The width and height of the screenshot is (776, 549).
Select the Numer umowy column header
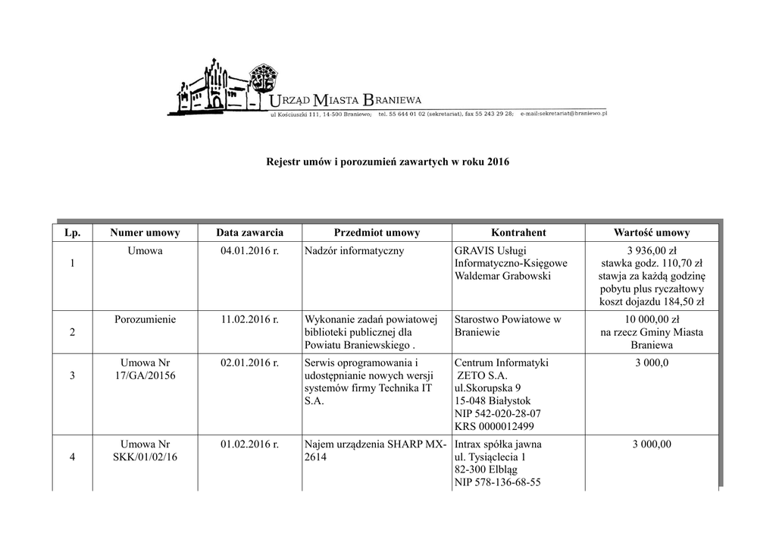[x=145, y=233]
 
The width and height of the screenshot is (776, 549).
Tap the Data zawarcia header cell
[x=250, y=233]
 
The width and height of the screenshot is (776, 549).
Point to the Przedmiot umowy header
[x=377, y=233]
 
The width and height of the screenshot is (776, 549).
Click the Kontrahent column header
[x=518, y=233]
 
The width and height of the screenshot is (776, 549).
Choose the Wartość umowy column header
[x=652, y=233]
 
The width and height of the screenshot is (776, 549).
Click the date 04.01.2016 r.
[x=250, y=251]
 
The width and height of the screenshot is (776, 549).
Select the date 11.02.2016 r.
[x=250, y=319]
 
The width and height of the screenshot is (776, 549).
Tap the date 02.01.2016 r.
[x=250, y=363]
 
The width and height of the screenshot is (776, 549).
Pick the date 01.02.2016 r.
[x=250, y=444]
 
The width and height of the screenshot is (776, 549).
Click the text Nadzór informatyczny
[x=354, y=251]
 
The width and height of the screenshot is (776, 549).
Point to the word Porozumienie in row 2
[x=145, y=319]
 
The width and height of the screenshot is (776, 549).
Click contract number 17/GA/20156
[x=145, y=376]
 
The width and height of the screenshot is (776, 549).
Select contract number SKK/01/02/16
[x=145, y=456]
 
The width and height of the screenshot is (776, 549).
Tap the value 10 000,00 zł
[x=652, y=319]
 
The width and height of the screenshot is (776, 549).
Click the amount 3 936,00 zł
[x=652, y=251]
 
